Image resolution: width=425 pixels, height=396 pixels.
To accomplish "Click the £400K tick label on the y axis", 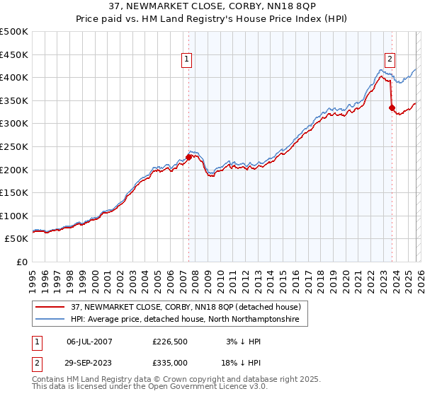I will [14, 77].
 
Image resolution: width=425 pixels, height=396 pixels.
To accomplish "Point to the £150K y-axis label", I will [14, 192].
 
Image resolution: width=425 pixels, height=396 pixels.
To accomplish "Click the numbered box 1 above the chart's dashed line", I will [187, 60].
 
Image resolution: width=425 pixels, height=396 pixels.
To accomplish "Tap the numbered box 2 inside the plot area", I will [390, 60].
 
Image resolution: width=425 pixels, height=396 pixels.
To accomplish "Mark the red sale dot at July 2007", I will [188, 157].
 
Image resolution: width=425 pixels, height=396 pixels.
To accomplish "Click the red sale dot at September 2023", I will [392, 107].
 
